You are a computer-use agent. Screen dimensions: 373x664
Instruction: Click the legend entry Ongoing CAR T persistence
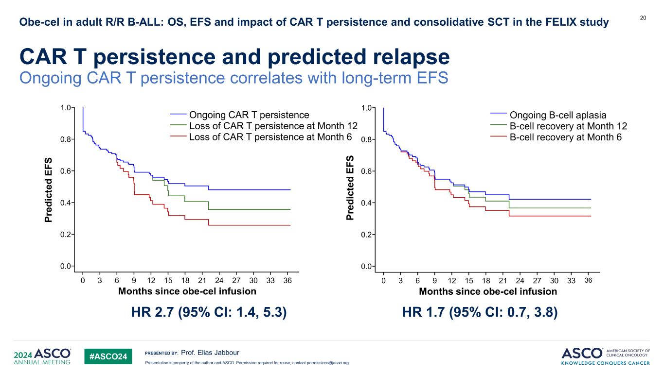click(249, 115)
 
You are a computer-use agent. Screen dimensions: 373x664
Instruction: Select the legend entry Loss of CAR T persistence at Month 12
click(273, 126)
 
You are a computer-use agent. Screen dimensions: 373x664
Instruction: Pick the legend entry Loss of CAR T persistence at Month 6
click(270, 136)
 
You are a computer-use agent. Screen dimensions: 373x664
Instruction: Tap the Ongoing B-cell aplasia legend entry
click(557, 115)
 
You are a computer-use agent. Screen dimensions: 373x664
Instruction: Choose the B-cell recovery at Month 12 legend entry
click(568, 126)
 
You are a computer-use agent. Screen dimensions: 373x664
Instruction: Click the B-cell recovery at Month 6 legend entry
click(565, 136)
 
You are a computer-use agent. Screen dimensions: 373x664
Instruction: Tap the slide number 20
click(643, 18)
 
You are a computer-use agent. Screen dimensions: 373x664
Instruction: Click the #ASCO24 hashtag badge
click(108, 357)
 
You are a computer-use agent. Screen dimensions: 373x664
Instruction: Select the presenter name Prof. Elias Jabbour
click(210, 352)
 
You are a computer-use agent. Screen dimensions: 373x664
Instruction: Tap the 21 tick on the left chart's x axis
click(202, 280)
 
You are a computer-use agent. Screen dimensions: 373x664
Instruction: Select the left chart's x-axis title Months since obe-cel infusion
click(187, 291)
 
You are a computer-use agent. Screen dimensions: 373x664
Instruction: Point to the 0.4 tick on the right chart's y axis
click(367, 203)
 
